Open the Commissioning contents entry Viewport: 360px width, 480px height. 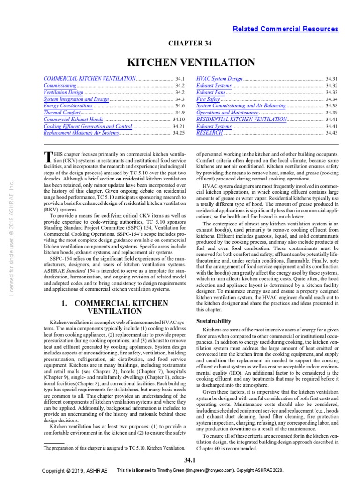point(60,86)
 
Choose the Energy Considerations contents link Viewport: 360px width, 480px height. point(68,106)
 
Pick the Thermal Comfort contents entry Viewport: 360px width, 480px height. point(62,113)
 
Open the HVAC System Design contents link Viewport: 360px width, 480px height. point(219,79)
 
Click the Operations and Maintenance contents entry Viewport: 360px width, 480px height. point(227,113)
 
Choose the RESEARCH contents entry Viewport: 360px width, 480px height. point(209,133)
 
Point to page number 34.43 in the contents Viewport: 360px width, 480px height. point(331,133)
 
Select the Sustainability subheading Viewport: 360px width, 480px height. point(214,321)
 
